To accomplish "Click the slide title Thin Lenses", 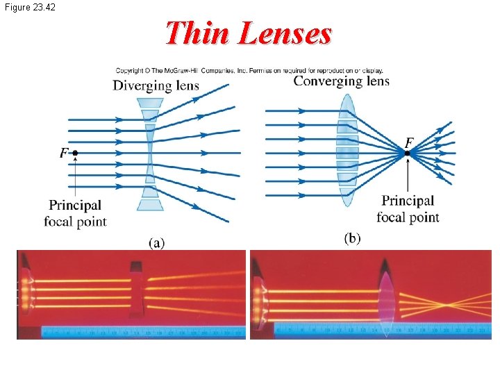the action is [x=249, y=33].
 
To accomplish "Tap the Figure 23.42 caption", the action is [x=30, y=7].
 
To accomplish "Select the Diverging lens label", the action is [x=156, y=86].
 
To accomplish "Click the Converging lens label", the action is [x=341, y=81].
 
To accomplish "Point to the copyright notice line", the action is [x=249, y=70].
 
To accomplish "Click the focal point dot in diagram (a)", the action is [x=75, y=153].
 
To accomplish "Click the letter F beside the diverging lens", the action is [x=64, y=152].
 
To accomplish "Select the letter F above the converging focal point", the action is [x=409, y=142].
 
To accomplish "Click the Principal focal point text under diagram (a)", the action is [x=75, y=213].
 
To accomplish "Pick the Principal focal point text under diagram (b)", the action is [x=408, y=209].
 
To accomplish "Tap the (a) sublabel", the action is [x=156, y=242].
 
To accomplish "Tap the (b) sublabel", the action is [x=352, y=238].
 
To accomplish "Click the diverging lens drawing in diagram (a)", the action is [x=150, y=153].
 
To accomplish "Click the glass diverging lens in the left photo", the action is [x=136, y=289].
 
